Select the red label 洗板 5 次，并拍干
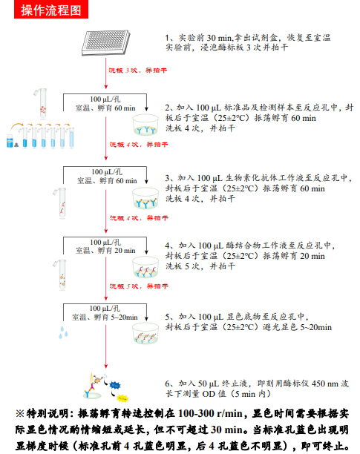134,286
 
